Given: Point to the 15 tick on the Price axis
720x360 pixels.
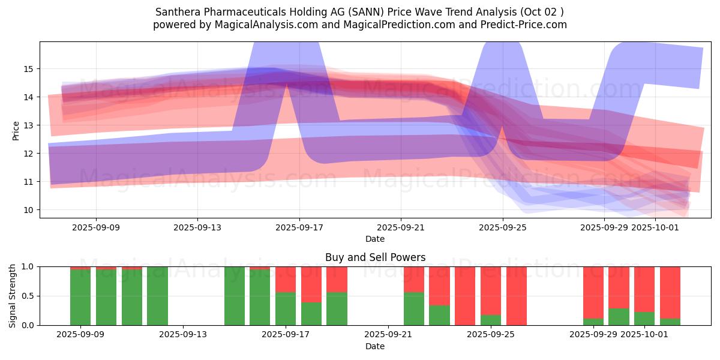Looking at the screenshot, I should (x=28, y=69).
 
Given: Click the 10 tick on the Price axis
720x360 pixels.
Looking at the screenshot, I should (x=28, y=210).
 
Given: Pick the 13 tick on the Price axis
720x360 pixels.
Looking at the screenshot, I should (x=28, y=125).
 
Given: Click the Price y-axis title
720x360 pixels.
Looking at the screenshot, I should (x=16, y=130).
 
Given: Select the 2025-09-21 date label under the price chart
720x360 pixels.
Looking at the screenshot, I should (x=401, y=227).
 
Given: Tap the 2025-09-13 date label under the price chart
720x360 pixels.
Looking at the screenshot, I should (x=198, y=227).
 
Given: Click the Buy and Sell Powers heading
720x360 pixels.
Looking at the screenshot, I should (x=375, y=257).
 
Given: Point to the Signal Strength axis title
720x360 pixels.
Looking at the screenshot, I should (x=13, y=295).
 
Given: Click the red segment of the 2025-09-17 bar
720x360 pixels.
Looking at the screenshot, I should (x=286, y=279).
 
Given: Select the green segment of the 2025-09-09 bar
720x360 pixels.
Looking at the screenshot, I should (x=80, y=297).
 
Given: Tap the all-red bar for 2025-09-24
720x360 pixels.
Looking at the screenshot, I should (x=465, y=296).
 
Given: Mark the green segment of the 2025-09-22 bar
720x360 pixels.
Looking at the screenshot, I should (x=414, y=308).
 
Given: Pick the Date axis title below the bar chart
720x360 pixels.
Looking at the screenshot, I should (x=375, y=346).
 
